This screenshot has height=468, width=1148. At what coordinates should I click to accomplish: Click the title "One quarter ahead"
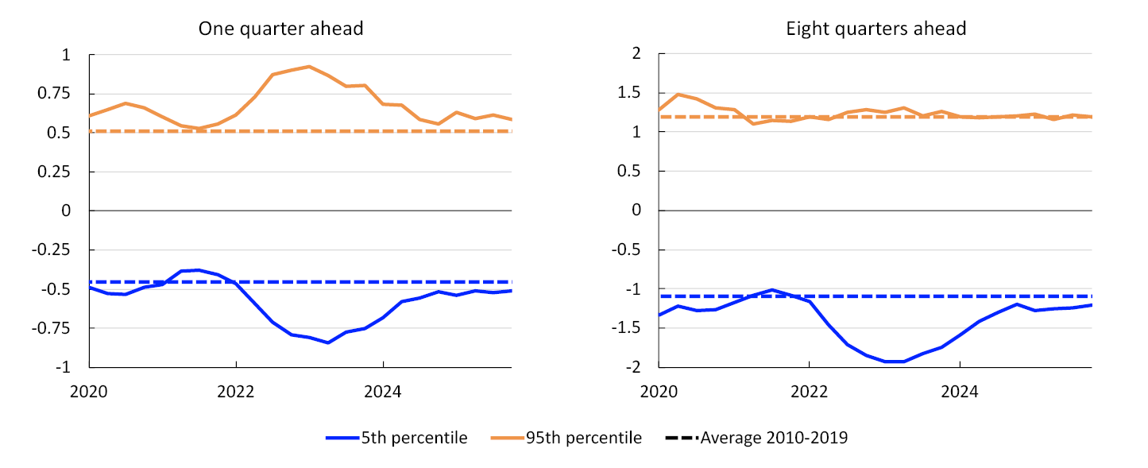tap(280, 29)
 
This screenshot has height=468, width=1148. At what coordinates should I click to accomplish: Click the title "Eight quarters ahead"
tap(876, 29)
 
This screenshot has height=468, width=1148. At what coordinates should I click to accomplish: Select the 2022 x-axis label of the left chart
tap(236, 392)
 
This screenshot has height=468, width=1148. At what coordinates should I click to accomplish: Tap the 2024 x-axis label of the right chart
tap(959, 392)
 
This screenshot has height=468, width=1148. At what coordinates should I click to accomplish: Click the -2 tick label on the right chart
tap(633, 367)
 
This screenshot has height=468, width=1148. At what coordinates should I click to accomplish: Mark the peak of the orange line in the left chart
tap(309, 66)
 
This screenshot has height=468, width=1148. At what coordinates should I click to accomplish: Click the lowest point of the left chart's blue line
tap(327, 342)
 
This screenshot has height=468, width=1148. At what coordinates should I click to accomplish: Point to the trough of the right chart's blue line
tap(894, 362)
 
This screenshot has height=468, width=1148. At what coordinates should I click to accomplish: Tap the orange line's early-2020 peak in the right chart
tap(678, 94)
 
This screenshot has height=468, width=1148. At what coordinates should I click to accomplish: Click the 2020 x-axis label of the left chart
tap(89, 392)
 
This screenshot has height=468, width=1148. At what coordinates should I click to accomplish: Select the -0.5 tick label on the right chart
tap(626, 249)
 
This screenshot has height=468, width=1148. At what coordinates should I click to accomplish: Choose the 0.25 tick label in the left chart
tap(55, 172)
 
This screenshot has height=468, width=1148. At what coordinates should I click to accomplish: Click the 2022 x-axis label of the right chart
tap(809, 392)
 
